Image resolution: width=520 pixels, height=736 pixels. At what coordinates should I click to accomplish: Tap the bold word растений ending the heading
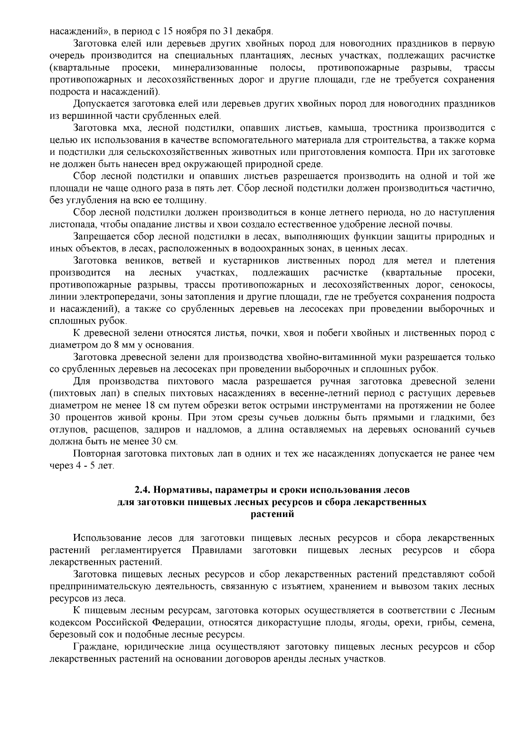(273, 514)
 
